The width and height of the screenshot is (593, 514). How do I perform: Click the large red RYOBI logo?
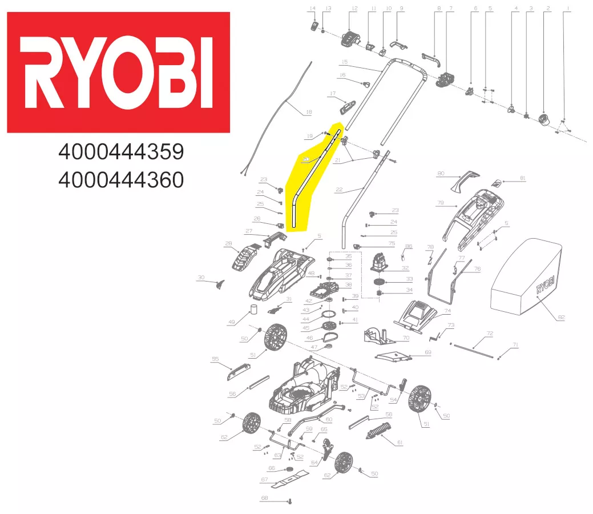[x=118, y=73]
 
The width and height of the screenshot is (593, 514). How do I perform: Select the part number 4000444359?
[x=121, y=152]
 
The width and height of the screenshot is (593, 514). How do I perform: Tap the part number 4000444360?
[x=121, y=180]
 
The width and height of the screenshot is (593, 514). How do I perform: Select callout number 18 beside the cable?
[x=309, y=112]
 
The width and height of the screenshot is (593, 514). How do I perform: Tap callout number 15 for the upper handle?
[x=344, y=62]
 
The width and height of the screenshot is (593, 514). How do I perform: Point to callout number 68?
[x=264, y=498]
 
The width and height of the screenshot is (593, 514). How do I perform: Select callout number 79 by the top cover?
[x=441, y=203]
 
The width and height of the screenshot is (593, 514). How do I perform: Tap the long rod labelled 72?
[x=473, y=347]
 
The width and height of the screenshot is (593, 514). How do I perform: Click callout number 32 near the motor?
[x=405, y=268]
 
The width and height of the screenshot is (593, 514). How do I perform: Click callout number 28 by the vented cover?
[x=228, y=244]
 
